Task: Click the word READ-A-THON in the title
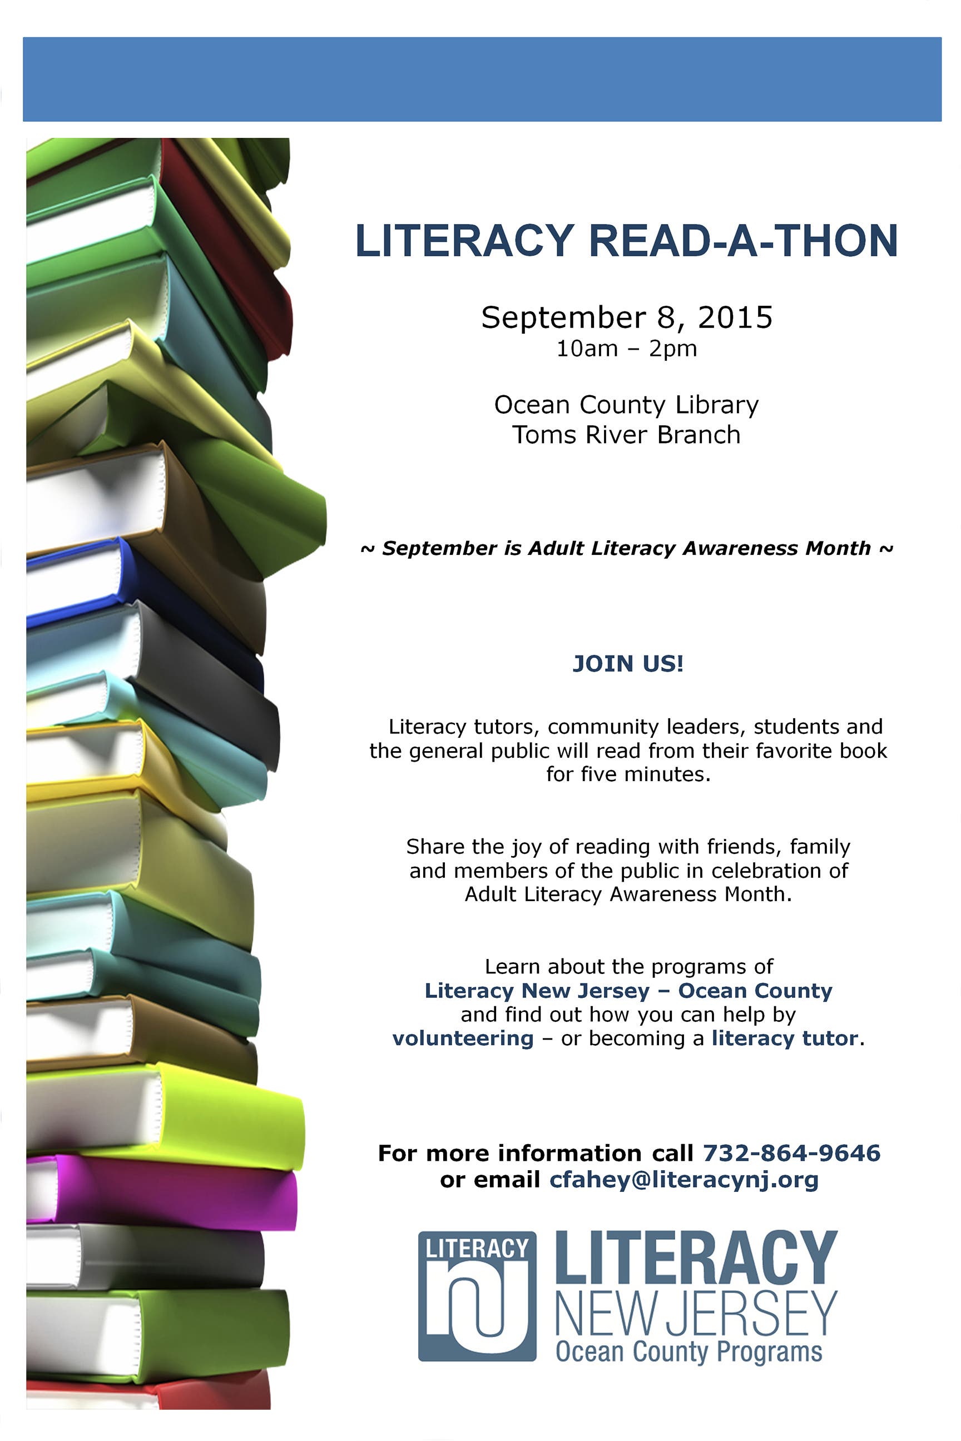click(x=743, y=240)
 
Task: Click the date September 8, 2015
click(x=626, y=317)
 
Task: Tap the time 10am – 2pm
click(x=626, y=349)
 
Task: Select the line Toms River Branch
click(x=626, y=435)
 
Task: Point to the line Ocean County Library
click(x=626, y=405)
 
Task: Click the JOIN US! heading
click(x=627, y=664)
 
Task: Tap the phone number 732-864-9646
click(x=791, y=1153)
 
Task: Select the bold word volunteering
click(x=463, y=1038)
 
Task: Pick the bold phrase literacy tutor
click(x=784, y=1038)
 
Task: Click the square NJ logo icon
click(x=477, y=1296)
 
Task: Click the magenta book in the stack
click(x=184, y=1191)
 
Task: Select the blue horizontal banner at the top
click(x=482, y=79)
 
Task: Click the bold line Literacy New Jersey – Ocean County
click(x=628, y=991)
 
